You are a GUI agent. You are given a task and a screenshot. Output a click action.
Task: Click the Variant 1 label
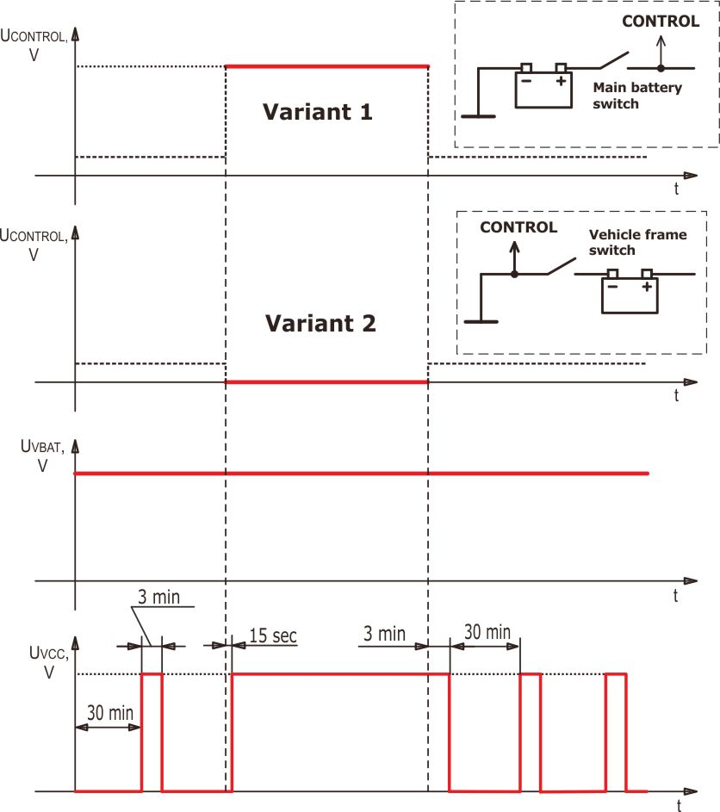coord(318,112)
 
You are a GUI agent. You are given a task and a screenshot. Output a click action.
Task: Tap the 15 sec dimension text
coord(272,636)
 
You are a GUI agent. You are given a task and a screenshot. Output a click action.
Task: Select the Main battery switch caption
coord(637,95)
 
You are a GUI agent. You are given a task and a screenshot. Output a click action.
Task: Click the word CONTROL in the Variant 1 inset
coord(661,22)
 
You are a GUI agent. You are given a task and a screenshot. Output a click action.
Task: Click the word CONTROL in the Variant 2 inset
coord(518,227)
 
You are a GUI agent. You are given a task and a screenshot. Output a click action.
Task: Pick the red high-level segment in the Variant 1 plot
coord(326,66)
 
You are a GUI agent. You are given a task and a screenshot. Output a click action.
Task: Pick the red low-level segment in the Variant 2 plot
coord(326,382)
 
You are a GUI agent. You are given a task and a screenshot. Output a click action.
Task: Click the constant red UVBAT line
coord(362,474)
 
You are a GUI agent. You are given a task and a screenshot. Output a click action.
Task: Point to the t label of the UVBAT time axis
coord(675,596)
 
